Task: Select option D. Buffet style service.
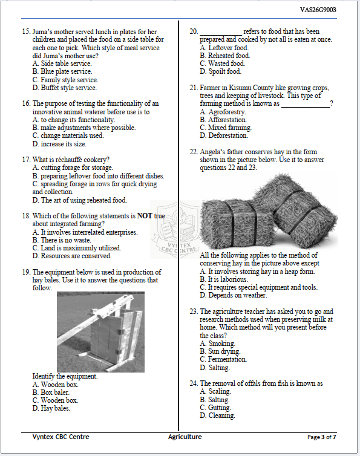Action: coord(65,88)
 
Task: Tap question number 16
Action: coord(26,103)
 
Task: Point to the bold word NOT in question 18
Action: coord(145,216)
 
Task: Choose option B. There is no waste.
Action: coord(62,240)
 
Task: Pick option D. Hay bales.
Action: coord(55,408)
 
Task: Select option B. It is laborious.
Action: coord(228,280)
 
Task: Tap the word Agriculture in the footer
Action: coord(185,436)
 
